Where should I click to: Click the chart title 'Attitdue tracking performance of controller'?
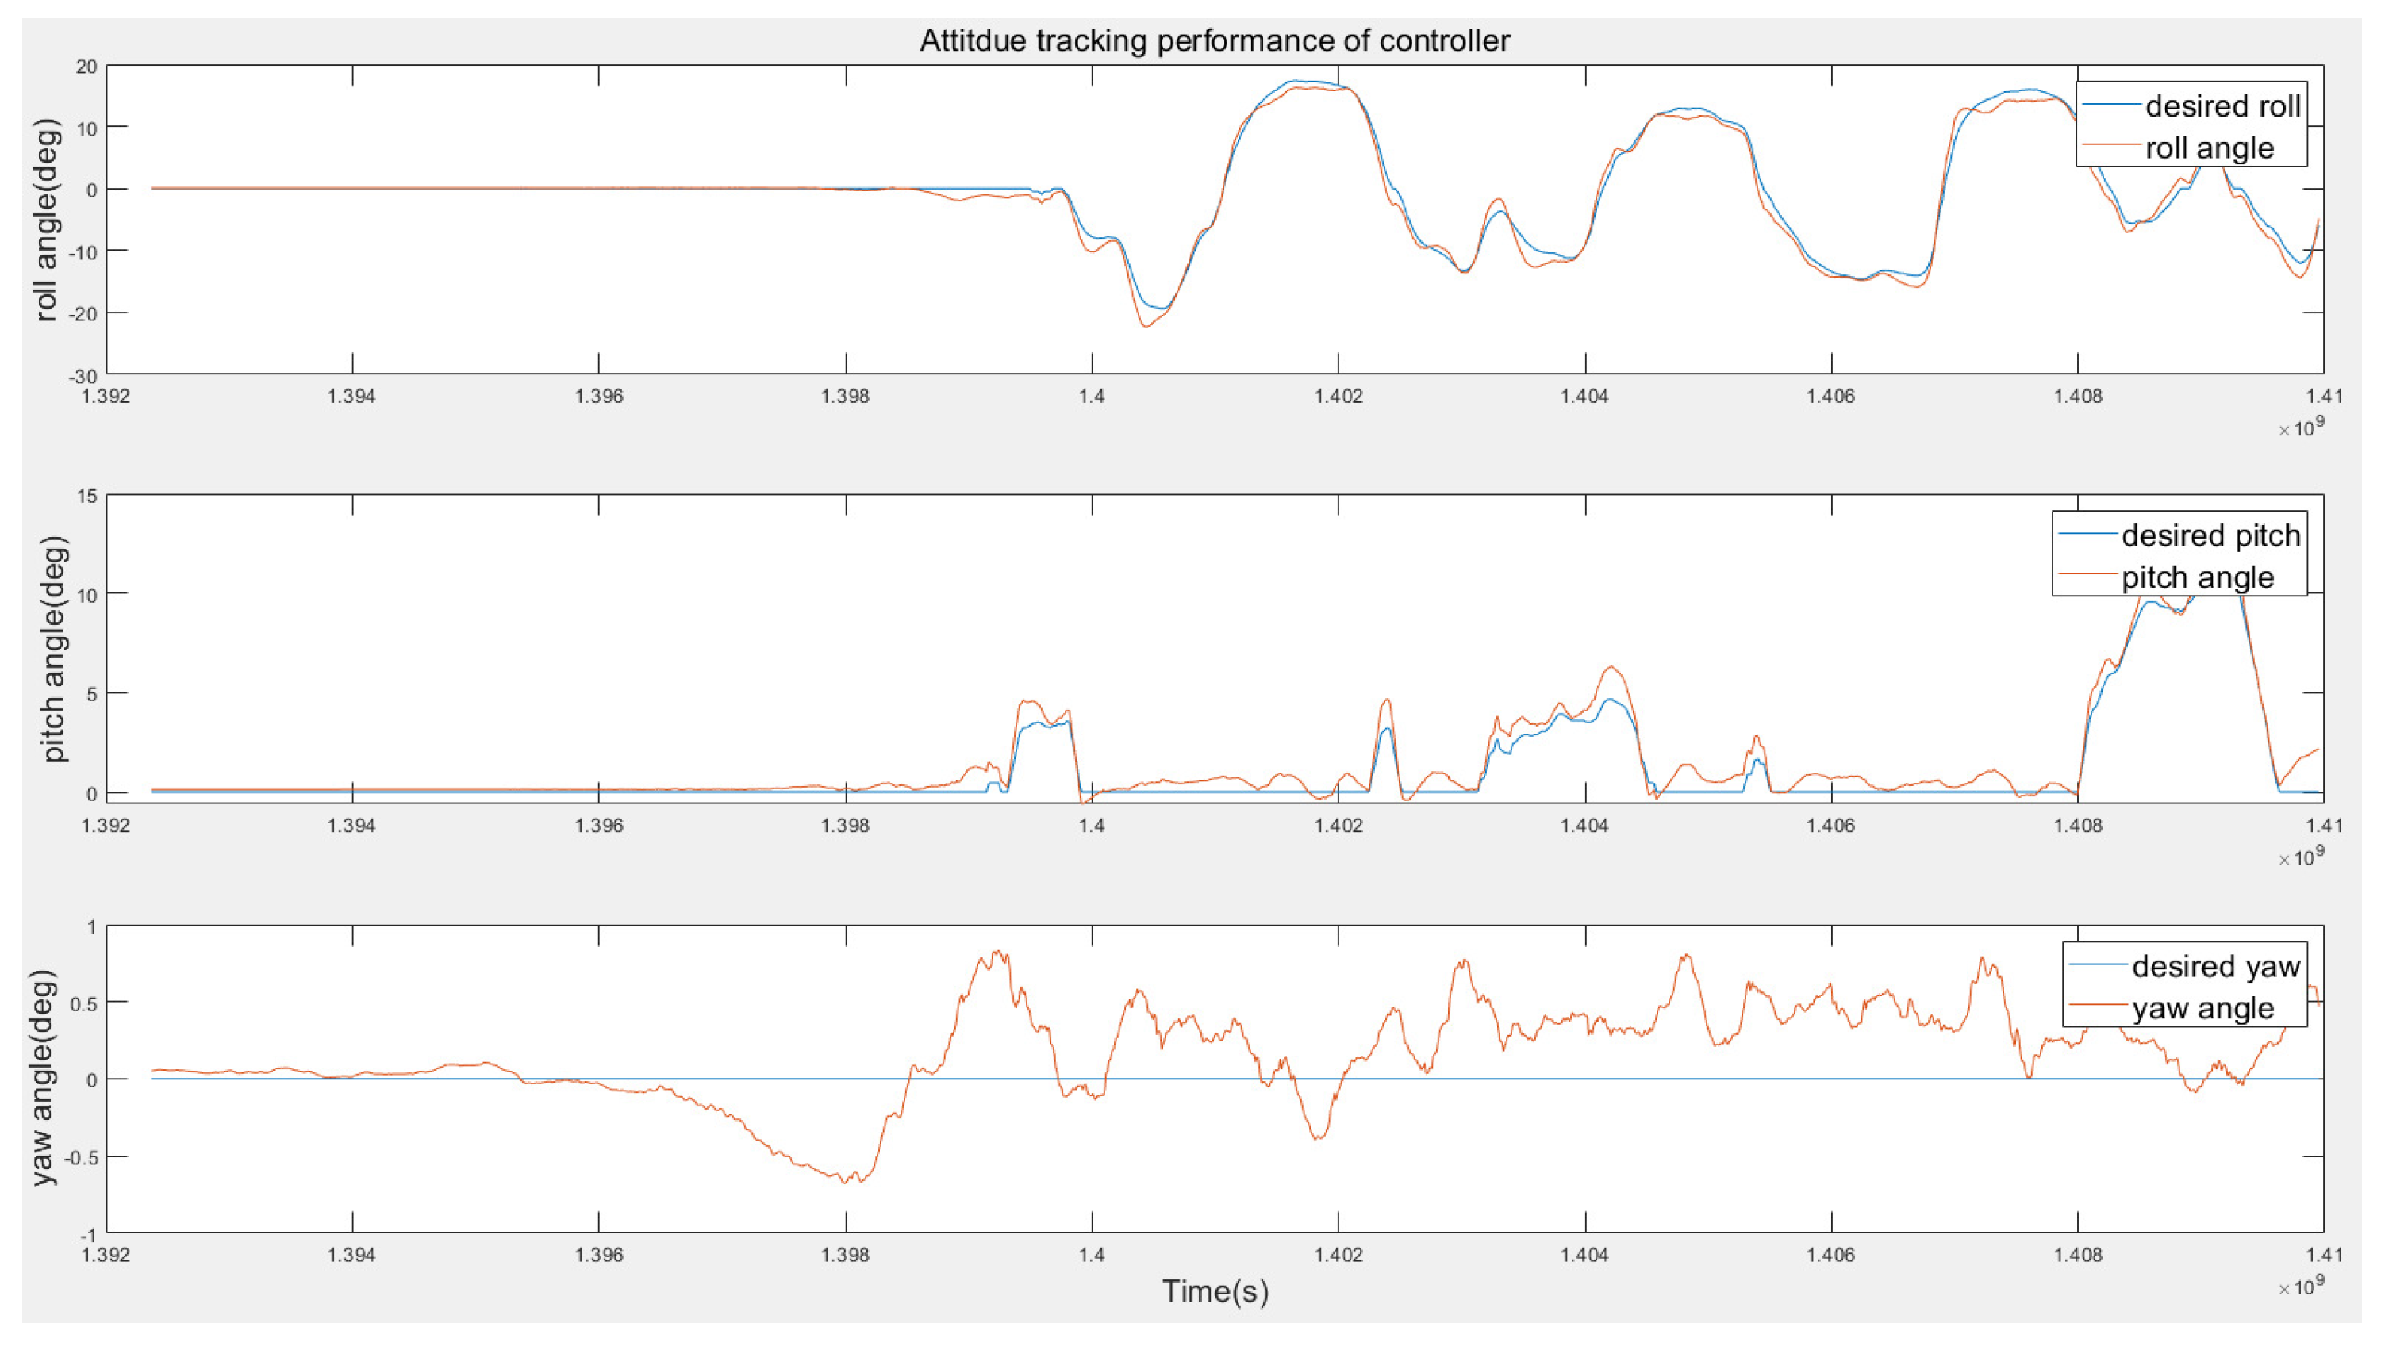pyautogui.click(x=1214, y=40)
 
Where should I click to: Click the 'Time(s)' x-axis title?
pyautogui.click(x=1215, y=1291)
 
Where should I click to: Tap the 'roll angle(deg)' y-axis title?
pyautogui.click(x=45, y=220)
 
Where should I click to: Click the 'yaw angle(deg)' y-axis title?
pyautogui.click(x=44, y=1078)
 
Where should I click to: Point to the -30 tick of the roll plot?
pyautogui.click(x=85, y=376)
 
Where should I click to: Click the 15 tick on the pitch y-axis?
pyautogui.click(x=87, y=497)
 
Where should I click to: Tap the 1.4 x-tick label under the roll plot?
pyautogui.click(x=1091, y=397)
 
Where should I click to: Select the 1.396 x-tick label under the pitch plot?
pyautogui.click(x=598, y=826)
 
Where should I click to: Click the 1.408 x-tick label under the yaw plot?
pyautogui.click(x=2078, y=1256)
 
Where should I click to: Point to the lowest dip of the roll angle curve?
pyautogui.click(x=1146, y=326)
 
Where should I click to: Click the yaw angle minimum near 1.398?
pyautogui.click(x=845, y=1183)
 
